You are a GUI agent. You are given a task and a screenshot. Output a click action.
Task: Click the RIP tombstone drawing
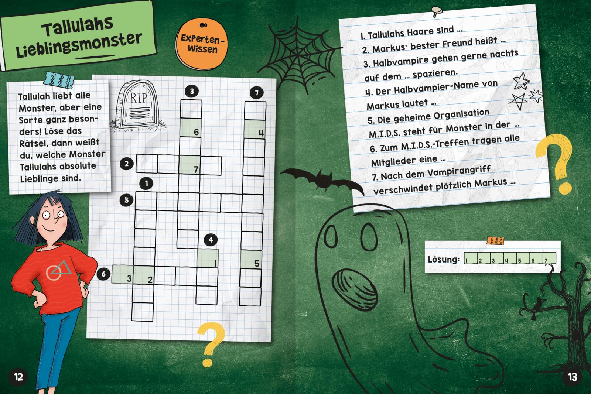click(x=138, y=106)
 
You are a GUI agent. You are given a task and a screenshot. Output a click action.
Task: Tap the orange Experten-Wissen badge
click(x=202, y=44)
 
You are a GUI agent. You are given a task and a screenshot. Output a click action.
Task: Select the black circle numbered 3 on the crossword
click(x=192, y=91)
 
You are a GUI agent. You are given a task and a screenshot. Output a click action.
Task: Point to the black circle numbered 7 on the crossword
click(x=257, y=93)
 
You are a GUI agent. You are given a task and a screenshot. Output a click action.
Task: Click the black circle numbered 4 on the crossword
click(x=211, y=240)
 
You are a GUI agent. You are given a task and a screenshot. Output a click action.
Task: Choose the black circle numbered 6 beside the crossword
click(x=103, y=274)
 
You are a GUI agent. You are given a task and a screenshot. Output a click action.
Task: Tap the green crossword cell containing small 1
click(x=208, y=258)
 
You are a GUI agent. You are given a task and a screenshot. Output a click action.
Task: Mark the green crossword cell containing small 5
click(x=251, y=260)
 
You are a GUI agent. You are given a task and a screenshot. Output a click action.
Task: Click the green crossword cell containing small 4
click(x=254, y=129)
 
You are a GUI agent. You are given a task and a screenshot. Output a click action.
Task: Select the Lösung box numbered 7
click(x=549, y=258)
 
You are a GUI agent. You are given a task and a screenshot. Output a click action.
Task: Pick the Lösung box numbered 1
click(x=471, y=258)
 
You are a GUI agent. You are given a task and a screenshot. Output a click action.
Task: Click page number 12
click(x=18, y=377)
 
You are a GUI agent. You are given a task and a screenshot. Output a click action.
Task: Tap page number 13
click(x=573, y=377)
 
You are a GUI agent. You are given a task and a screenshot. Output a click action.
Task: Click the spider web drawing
click(x=300, y=54)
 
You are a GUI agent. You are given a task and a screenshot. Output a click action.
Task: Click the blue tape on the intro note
click(x=59, y=80)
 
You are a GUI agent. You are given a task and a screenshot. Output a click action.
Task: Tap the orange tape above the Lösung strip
click(x=495, y=241)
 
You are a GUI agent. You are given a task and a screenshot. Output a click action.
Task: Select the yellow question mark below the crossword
click(x=211, y=344)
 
